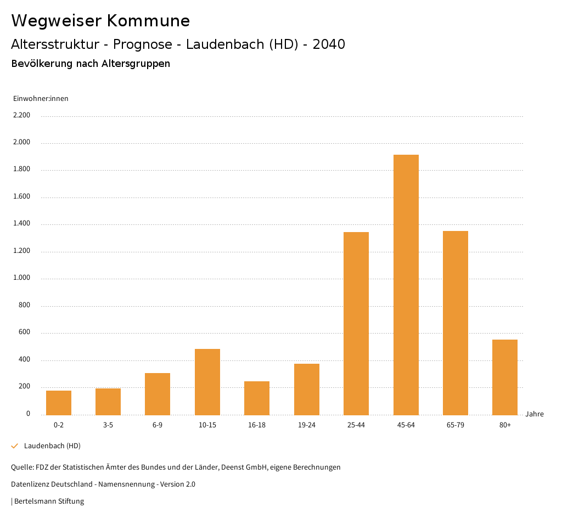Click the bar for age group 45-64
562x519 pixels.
(406, 285)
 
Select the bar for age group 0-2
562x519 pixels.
(59, 403)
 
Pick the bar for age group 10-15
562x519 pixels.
(207, 382)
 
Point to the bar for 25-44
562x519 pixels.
(356, 323)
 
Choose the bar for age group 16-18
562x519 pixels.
(257, 398)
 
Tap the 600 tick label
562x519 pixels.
(24, 332)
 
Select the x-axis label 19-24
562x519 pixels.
(306, 425)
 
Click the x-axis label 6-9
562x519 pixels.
(158, 425)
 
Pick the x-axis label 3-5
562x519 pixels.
(108, 425)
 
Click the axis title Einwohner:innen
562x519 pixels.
(41, 99)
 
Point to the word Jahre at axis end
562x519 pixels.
(535, 414)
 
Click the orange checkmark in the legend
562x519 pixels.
(15, 446)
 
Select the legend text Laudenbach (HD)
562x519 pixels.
(52, 446)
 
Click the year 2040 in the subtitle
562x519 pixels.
(329, 44)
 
